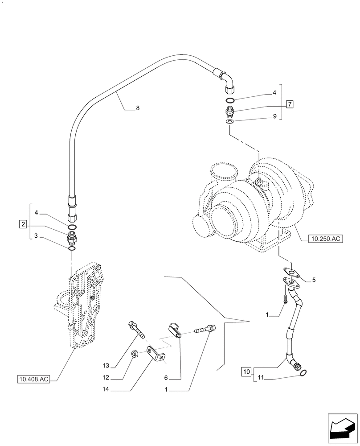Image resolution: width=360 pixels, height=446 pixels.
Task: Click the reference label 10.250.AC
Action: (x=325, y=239)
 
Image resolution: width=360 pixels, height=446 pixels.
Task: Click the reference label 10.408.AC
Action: (x=33, y=380)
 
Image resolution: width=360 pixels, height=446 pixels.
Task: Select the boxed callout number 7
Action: (x=290, y=105)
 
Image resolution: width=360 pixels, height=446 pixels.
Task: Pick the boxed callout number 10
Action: (x=246, y=371)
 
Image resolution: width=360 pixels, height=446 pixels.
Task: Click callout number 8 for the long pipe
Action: (x=137, y=107)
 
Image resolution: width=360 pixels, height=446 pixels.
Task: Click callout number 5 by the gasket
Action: (x=314, y=281)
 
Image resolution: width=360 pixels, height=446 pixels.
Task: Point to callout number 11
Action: (x=262, y=379)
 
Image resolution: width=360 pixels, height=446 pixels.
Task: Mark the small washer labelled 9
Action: (x=229, y=121)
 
